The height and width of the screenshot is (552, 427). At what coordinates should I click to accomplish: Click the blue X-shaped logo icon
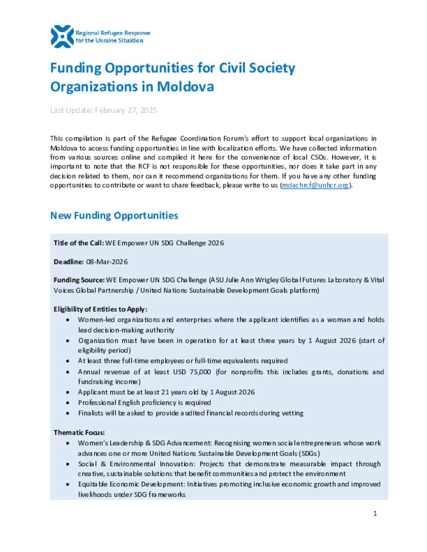click(62, 37)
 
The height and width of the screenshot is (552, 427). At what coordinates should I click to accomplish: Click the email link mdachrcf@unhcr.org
click(315, 185)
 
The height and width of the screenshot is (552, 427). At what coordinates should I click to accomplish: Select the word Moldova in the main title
click(185, 87)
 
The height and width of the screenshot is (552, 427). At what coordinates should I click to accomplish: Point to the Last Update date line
click(103, 110)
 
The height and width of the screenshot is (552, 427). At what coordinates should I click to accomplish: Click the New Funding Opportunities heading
click(114, 215)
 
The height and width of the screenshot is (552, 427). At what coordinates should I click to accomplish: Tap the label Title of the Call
click(78, 243)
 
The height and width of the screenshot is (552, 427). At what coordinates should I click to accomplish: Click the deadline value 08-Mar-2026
click(107, 262)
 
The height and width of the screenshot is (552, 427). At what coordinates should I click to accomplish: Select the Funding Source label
click(79, 280)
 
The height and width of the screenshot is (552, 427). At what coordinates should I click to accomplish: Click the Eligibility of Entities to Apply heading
click(100, 309)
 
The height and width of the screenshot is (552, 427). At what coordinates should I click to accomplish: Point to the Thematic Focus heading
click(79, 432)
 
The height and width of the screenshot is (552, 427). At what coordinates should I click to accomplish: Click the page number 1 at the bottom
click(375, 513)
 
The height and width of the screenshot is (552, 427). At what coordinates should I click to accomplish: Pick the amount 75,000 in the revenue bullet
click(200, 372)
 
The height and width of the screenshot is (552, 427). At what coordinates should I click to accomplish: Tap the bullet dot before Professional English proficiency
click(68, 403)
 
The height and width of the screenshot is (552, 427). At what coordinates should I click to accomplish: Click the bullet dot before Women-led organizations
click(68, 320)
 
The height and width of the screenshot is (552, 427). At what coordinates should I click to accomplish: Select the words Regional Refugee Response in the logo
click(113, 33)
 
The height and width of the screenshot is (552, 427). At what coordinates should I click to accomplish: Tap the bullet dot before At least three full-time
click(68, 361)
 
